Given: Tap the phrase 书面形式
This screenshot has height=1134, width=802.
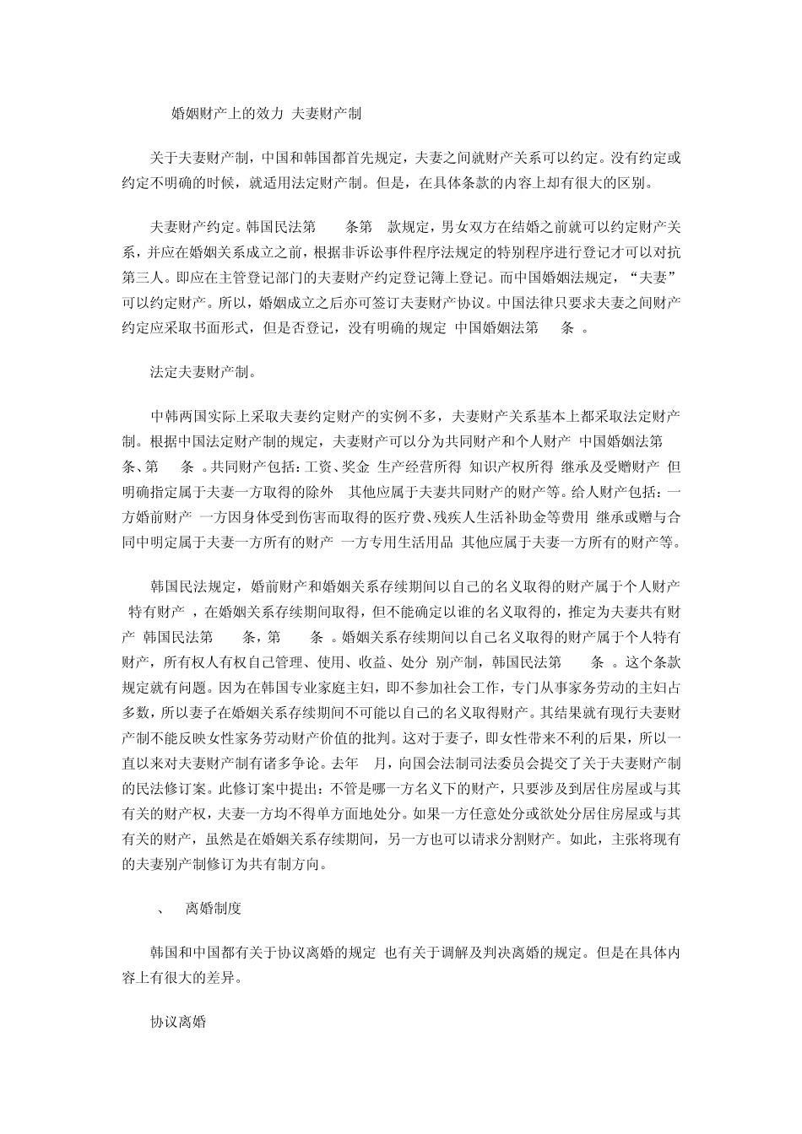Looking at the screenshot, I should [x=222, y=328].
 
